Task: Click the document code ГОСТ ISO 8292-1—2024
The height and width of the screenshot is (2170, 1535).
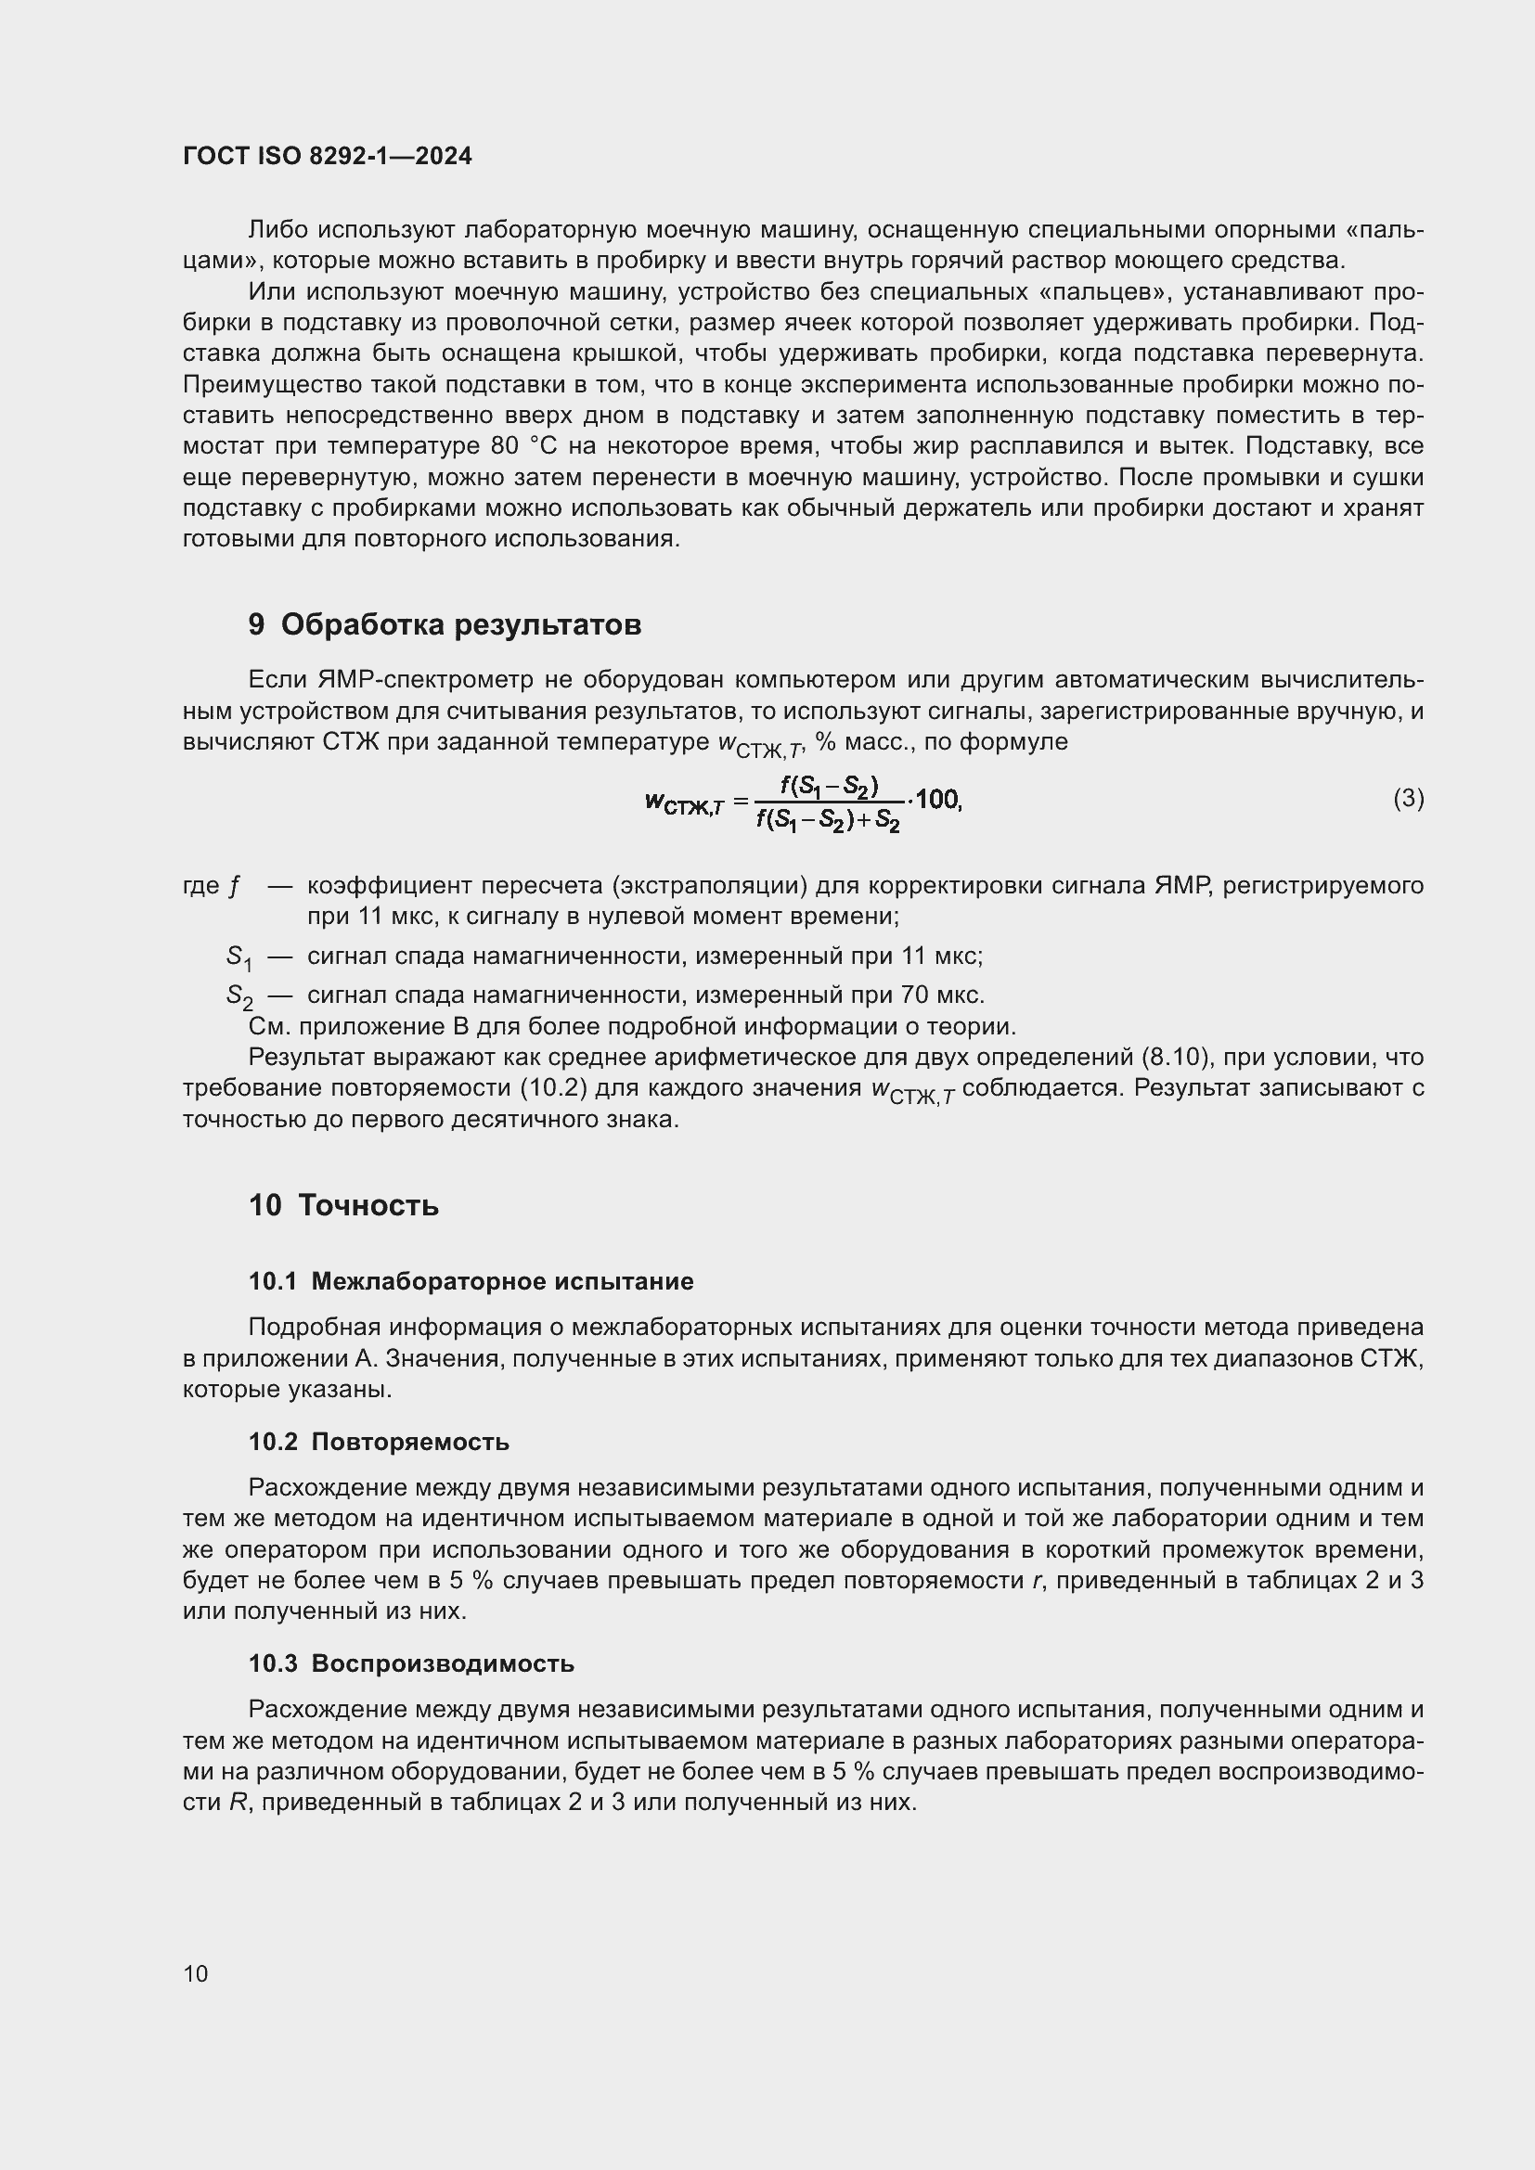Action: (327, 157)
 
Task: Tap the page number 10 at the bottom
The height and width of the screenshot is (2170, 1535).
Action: (196, 1973)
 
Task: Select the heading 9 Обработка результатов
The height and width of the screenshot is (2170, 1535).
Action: (445, 624)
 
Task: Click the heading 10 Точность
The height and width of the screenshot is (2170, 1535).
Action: (343, 1205)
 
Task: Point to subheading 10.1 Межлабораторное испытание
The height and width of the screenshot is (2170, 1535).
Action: (471, 1281)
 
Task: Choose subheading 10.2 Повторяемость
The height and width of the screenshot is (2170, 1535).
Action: (378, 1443)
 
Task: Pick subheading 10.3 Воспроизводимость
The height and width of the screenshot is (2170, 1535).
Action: (411, 1663)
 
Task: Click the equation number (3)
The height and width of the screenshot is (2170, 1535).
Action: (1409, 799)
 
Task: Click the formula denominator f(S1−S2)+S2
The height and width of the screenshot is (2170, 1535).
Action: (828, 820)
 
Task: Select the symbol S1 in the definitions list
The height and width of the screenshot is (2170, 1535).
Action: (239, 957)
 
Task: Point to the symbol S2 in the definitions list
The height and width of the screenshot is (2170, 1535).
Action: (239, 996)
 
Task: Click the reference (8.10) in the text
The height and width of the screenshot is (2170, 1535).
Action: (1176, 1058)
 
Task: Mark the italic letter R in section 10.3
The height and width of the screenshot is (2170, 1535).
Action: (239, 1803)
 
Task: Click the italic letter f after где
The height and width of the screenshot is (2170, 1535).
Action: (234, 887)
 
